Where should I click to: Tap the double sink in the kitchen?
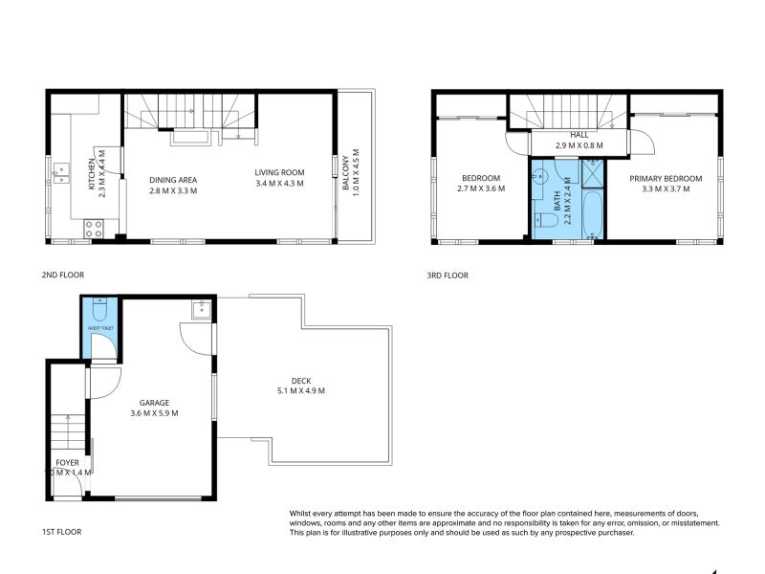point(62,171)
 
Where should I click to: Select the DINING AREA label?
point(173,179)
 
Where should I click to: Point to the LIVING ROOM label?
point(279,173)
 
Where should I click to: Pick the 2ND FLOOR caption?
point(63,275)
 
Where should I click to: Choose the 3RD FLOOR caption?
point(448,275)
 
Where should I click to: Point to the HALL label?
point(579,136)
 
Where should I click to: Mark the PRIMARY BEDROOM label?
point(666,179)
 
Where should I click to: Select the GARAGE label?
point(155,403)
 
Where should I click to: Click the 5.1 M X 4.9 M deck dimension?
point(301,390)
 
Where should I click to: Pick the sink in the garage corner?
point(202,309)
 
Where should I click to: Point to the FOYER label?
point(67,462)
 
